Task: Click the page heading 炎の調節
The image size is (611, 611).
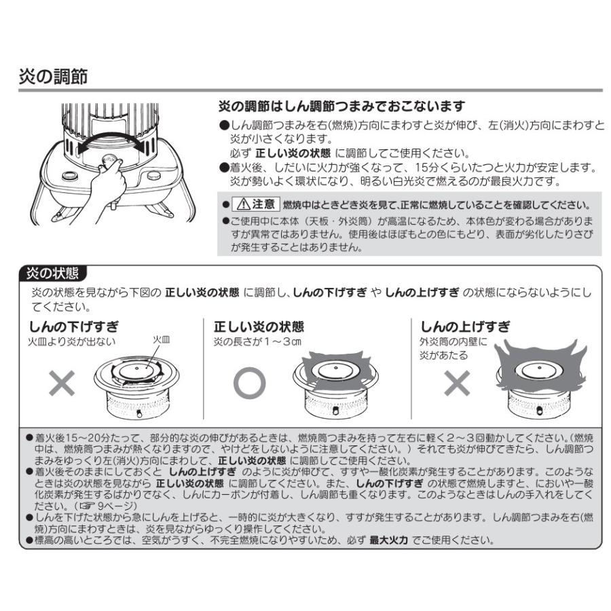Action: click(53, 75)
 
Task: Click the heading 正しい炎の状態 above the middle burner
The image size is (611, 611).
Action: click(259, 326)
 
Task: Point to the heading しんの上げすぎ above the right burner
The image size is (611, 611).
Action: click(465, 326)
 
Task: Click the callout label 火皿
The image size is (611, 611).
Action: click(161, 338)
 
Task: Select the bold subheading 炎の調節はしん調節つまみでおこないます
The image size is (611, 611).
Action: click(341, 107)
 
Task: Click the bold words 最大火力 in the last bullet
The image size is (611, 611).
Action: click(388, 540)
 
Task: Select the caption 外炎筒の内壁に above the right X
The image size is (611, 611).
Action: click(453, 341)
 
